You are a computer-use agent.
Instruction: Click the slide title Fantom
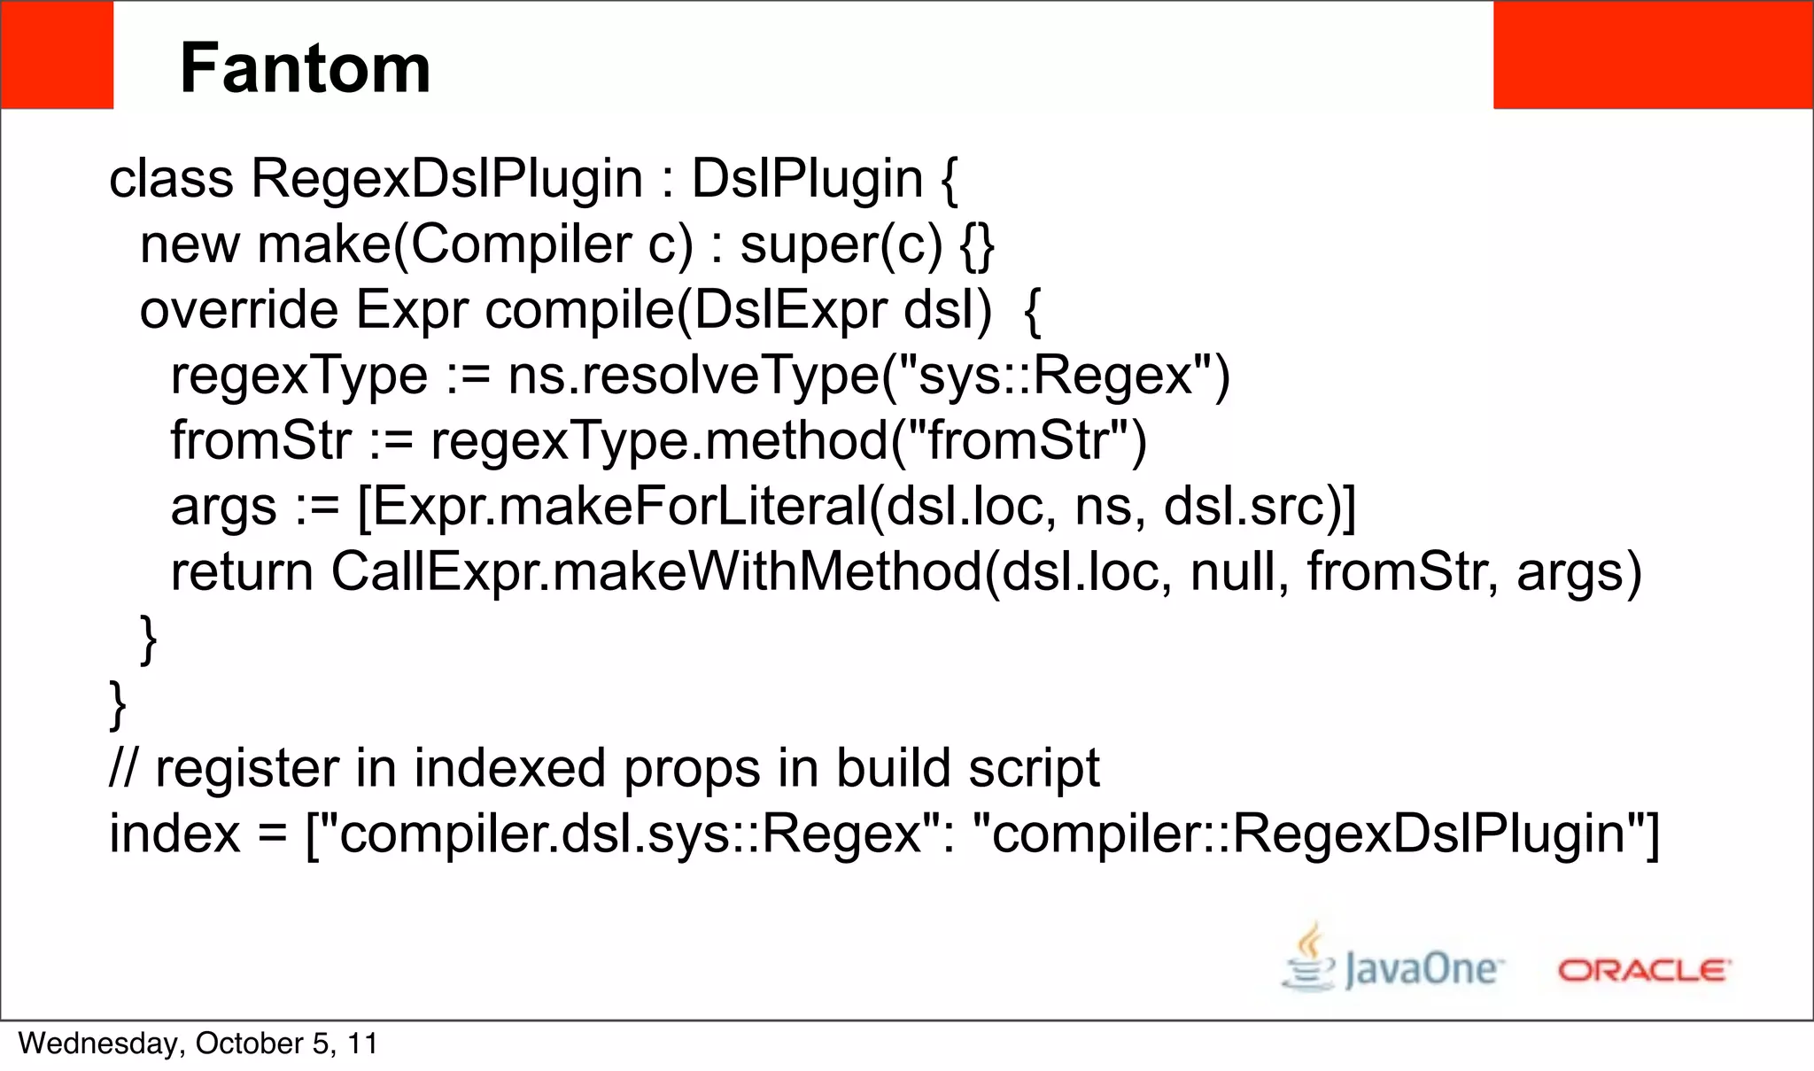tap(305, 69)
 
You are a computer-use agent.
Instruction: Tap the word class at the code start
tap(171, 179)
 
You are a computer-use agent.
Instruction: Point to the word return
tap(242, 572)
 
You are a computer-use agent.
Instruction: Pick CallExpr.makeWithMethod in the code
tap(656, 572)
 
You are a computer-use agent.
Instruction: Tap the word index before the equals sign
tap(174, 834)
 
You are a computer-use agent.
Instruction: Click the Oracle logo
tap(1644, 971)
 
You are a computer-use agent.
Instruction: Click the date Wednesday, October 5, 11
tap(198, 1044)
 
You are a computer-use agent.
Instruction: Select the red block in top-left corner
tap(57, 55)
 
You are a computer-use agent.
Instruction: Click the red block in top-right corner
tap(1653, 55)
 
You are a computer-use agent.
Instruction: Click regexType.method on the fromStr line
tap(658, 441)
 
